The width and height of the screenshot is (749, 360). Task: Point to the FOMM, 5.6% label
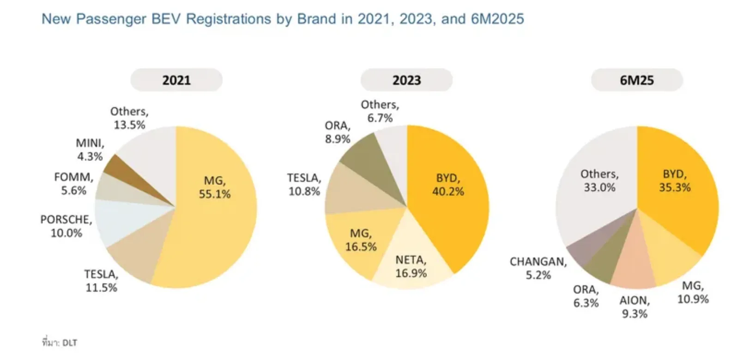click(74, 184)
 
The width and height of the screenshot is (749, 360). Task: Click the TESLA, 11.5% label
click(101, 281)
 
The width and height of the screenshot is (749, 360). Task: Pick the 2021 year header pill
click(176, 80)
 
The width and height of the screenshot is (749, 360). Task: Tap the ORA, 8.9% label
click(338, 132)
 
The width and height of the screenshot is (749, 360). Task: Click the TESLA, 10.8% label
click(304, 185)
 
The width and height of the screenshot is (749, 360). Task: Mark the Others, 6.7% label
click(380, 111)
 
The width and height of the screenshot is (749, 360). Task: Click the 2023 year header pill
click(406, 80)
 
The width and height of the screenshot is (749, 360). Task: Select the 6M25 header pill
click(637, 80)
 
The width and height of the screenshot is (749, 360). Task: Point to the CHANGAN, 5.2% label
click(538, 268)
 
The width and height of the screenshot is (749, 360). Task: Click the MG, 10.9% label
click(693, 292)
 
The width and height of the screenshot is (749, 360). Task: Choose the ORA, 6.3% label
click(586, 296)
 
